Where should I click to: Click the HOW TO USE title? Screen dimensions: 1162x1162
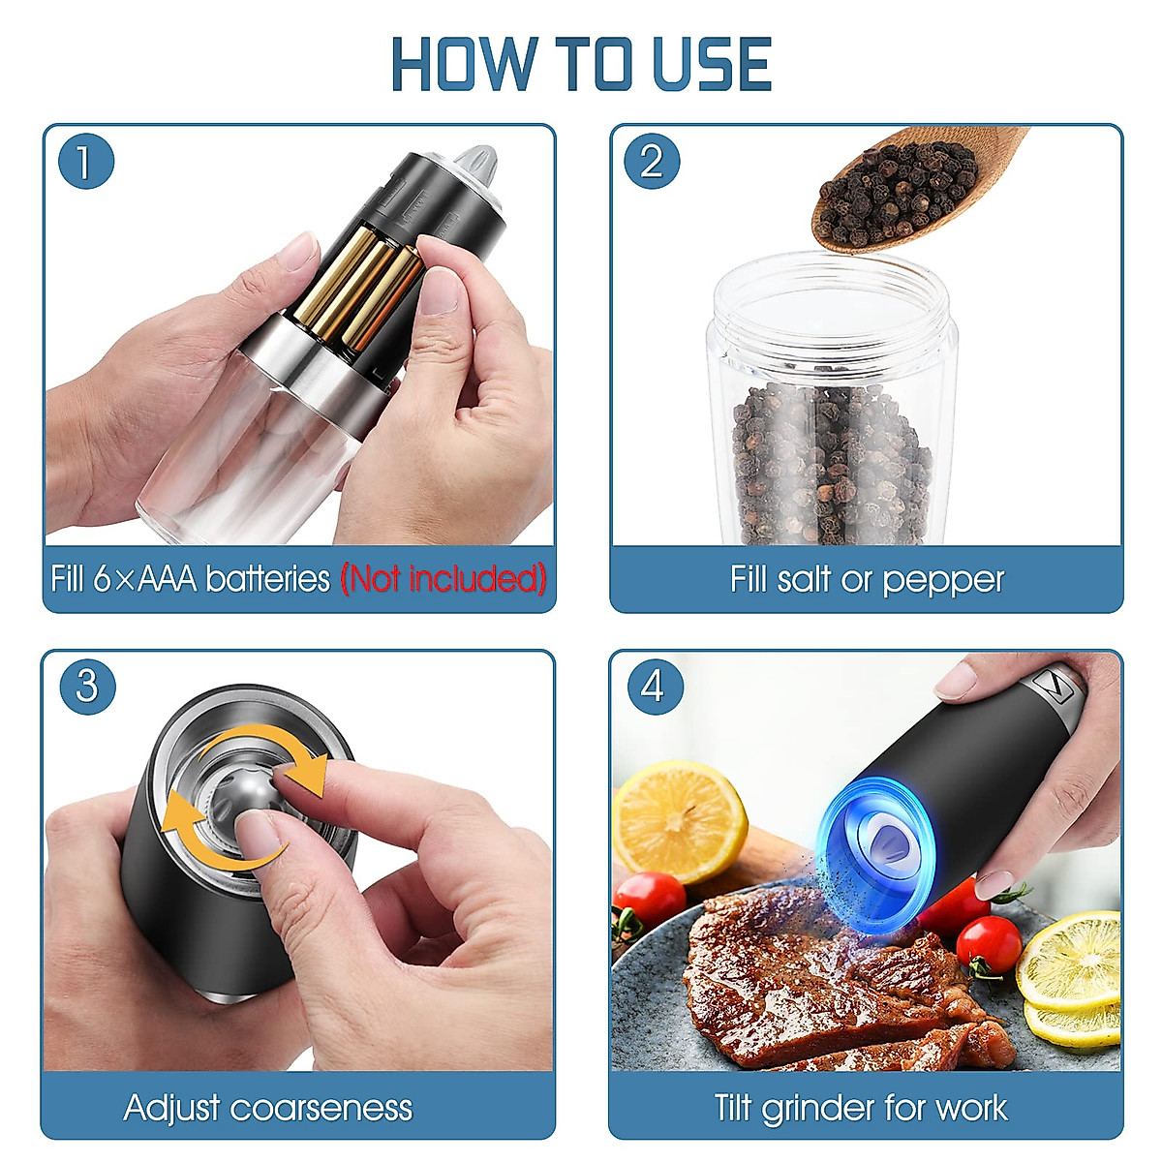(x=581, y=65)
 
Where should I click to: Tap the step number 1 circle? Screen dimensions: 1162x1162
(x=85, y=161)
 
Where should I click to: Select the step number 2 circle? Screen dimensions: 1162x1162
(x=652, y=161)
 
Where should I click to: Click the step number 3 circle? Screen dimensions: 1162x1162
(x=86, y=687)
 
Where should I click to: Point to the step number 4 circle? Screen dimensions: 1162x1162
(x=653, y=687)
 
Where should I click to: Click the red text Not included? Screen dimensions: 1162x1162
(x=443, y=579)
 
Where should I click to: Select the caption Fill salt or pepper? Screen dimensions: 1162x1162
(x=866, y=579)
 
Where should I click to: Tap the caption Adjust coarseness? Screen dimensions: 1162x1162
(x=268, y=1107)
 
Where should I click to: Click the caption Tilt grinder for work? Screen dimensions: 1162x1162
(x=861, y=1107)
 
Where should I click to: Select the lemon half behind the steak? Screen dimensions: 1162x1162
(x=678, y=818)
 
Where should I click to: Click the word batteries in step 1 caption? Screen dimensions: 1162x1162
(x=267, y=579)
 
